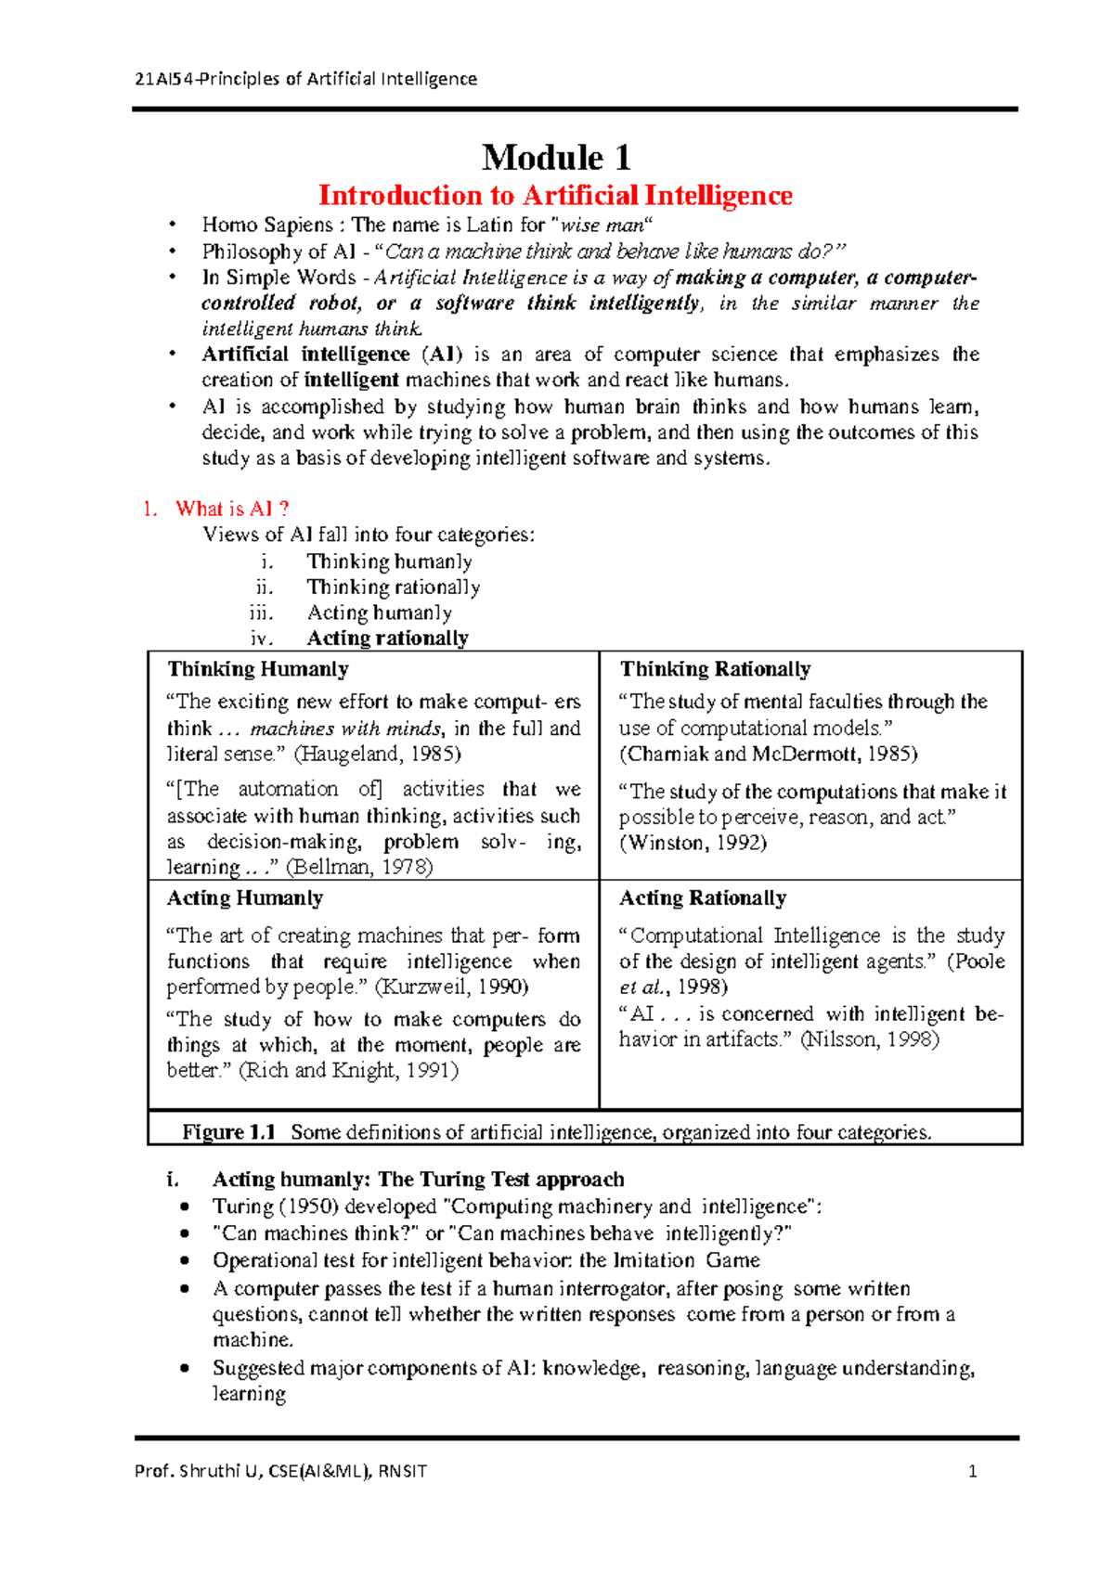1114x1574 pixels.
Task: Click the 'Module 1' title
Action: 556,158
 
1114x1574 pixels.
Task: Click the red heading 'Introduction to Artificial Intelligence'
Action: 555,196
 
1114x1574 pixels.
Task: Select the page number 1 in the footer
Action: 972,1471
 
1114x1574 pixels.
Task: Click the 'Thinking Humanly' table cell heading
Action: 258,669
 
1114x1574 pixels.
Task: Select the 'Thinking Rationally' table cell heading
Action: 715,669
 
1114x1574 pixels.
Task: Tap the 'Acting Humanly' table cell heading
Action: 245,898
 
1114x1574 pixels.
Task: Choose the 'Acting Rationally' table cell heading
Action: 703,898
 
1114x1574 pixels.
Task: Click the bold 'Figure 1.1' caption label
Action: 228,1132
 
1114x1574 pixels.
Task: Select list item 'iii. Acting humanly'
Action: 379,613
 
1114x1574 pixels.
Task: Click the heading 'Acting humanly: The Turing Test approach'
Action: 418,1180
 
